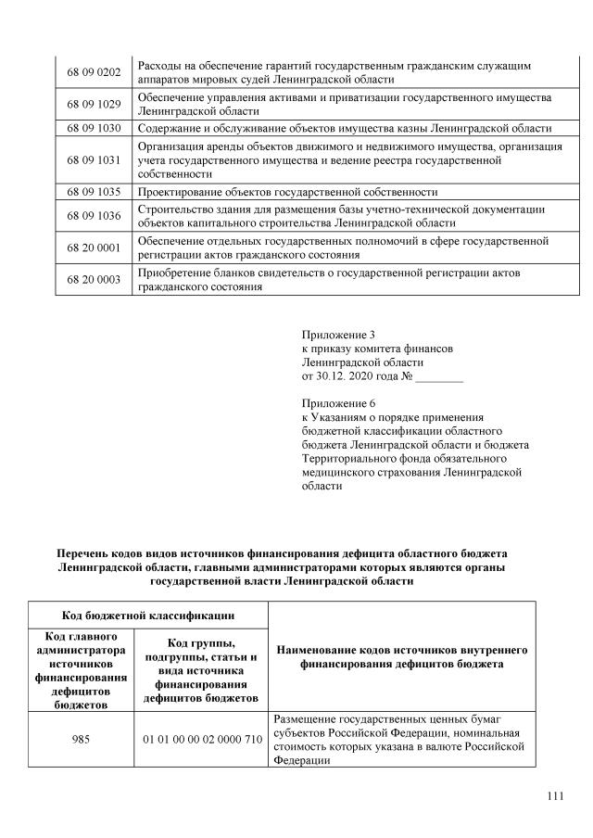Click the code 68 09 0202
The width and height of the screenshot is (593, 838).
95,71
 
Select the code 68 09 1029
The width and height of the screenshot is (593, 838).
95,104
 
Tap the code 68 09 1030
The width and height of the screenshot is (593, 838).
95,128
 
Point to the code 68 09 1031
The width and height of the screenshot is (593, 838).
95,160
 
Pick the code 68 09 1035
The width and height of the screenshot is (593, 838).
95,193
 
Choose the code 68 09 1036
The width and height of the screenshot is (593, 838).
95,216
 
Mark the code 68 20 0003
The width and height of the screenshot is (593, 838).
95,280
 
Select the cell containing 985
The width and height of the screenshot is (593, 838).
81,740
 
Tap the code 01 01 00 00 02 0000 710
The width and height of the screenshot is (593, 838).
201,740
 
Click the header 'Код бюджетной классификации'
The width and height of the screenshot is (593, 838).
147,615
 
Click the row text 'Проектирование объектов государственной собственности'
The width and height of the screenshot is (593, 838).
287,193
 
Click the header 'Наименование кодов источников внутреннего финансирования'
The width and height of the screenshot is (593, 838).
402,657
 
